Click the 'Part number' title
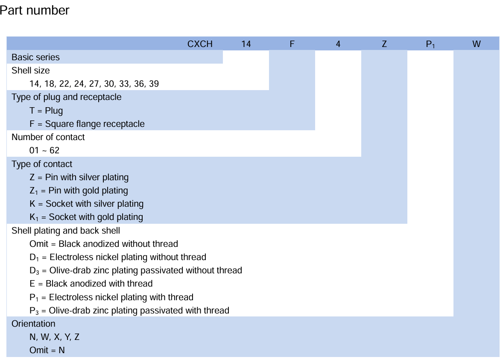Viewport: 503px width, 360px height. (x=34, y=10)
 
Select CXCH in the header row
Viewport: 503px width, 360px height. (x=200, y=44)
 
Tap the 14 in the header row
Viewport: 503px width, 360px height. (x=246, y=44)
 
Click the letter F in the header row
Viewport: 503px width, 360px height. (x=292, y=44)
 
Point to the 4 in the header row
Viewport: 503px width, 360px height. (x=338, y=44)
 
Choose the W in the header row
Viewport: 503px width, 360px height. (x=477, y=44)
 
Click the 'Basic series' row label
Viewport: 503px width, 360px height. (x=35, y=57)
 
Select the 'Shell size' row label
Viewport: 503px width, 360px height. (x=31, y=70)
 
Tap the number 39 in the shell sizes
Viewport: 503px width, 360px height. (x=154, y=84)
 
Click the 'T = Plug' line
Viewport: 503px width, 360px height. (x=46, y=111)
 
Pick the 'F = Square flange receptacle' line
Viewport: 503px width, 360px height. (x=87, y=124)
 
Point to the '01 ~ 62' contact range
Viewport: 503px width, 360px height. (x=44, y=150)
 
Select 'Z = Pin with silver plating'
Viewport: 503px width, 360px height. (x=79, y=177)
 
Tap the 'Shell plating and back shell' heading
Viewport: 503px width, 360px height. (x=66, y=231)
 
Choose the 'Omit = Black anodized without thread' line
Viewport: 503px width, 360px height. (x=104, y=244)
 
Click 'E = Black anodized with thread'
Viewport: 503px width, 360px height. (x=91, y=284)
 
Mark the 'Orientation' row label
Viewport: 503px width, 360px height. (x=33, y=324)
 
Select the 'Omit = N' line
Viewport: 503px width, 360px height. (x=47, y=350)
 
